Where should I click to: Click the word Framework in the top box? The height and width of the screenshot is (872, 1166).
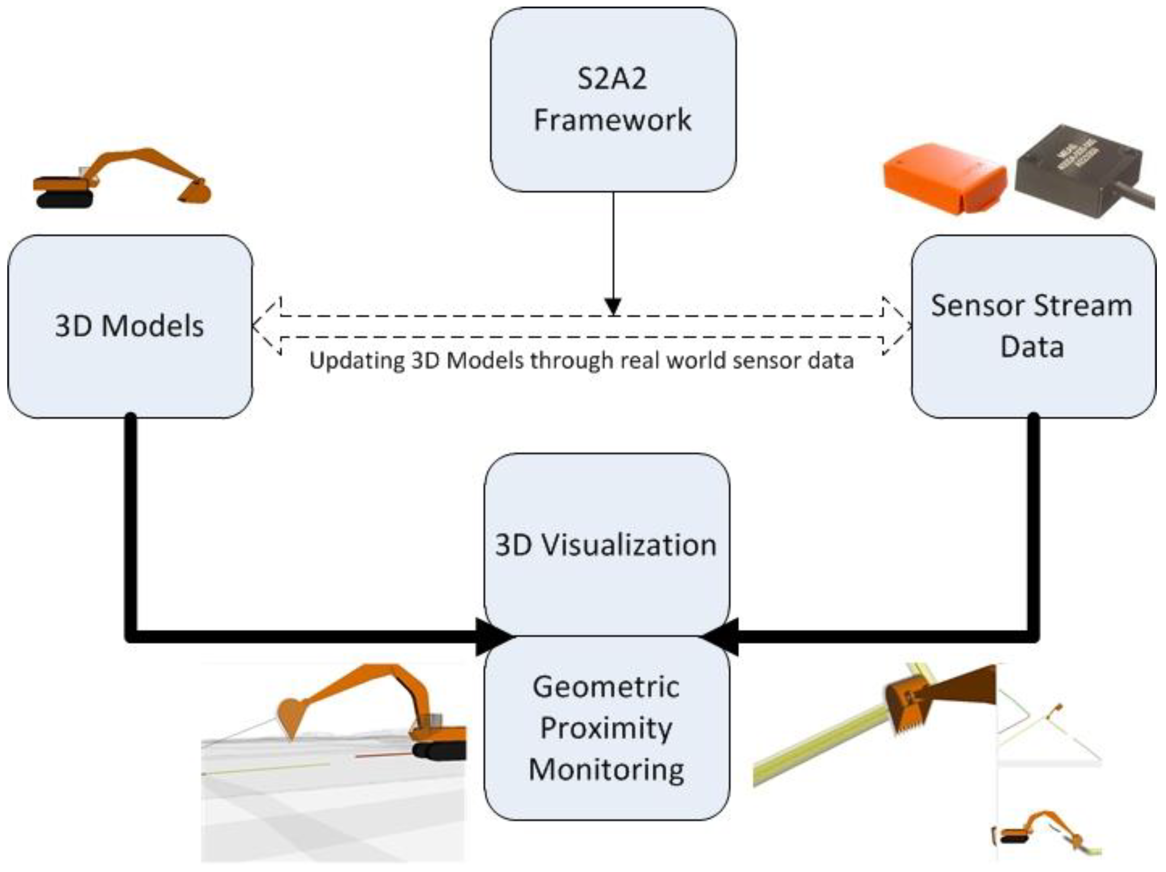[x=612, y=120]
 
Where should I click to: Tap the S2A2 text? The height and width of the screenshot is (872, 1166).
[x=612, y=79]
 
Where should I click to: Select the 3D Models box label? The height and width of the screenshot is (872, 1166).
[x=129, y=326]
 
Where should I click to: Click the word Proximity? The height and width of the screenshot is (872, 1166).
[x=606, y=728]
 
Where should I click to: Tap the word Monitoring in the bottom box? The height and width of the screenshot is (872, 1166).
[x=606, y=769]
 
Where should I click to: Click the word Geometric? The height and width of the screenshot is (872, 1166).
[x=606, y=687]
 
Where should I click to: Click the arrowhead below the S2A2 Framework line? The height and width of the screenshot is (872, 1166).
[x=613, y=306]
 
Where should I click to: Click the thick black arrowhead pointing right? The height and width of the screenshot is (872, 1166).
[x=493, y=637]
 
